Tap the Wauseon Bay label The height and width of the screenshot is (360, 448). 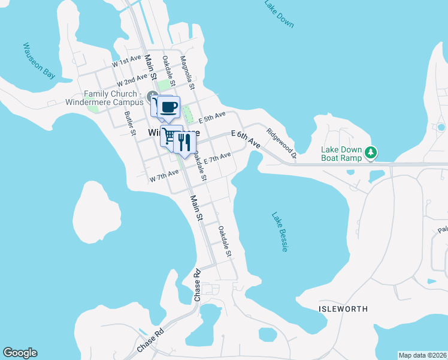tap(39, 61)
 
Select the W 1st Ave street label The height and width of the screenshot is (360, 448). tap(126, 61)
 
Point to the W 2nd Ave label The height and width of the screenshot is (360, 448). tap(132, 79)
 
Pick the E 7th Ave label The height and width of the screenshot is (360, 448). tap(217, 159)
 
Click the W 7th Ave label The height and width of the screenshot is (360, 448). tap(164, 174)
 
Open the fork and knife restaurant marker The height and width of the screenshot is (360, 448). tap(184, 142)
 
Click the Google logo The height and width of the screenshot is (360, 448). tap(20, 353)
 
